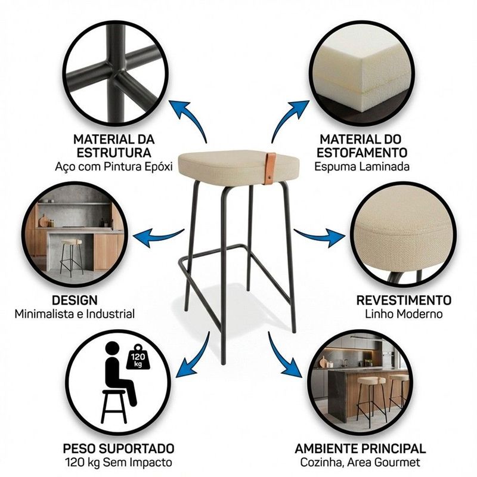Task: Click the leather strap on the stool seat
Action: [x=270, y=168]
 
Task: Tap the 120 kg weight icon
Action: [x=138, y=358]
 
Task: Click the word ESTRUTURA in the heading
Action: [x=114, y=153]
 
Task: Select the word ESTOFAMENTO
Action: [x=362, y=153]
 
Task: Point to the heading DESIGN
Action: [x=75, y=301]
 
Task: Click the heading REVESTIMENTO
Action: [x=404, y=301]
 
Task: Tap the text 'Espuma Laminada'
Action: [x=362, y=167]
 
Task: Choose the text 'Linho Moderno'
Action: [x=404, y=314]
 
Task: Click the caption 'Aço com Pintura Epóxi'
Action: [x=114, y=167]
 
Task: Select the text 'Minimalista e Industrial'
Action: [x=75, y=314]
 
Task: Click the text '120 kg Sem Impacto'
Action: [x=118, y=463]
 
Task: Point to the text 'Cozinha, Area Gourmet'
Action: [x=360, y=463]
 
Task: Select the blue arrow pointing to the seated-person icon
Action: [x=195, y=357]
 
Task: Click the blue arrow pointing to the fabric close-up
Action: [x=320, y=236]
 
